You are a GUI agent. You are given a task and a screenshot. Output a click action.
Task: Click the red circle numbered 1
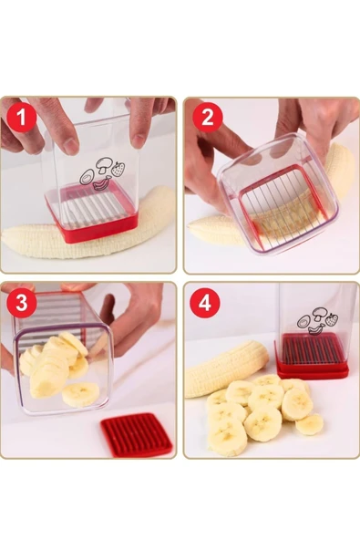pyautogui.click(x=21, y=117)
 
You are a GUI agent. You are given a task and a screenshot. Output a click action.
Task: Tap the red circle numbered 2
pyautogui.click(x=207, y=117)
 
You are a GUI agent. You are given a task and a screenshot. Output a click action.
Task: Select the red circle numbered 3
pyautogui.click(x=21, y=303)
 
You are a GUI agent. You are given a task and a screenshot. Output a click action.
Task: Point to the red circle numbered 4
pyautogui.click(x=204, y=303)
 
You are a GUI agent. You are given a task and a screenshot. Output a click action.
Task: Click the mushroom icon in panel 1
pyautogui.click(x=103, y=165)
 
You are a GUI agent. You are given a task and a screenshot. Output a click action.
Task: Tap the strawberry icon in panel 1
pyautogui.click(x=118, y=169)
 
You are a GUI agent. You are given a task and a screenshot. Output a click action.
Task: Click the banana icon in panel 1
pyautogui.click(x=102, y=182)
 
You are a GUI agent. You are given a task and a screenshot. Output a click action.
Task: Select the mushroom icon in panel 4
pyautogui.click(x=319, y=314)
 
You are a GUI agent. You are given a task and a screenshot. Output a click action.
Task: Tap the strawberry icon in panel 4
pyautogui.click(x=332, y=319)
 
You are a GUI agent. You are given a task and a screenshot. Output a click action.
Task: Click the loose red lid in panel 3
pyautogui.click(x=137, y=435)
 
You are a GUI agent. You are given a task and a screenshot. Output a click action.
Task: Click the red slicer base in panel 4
pyautogui.click(x=312, y=358)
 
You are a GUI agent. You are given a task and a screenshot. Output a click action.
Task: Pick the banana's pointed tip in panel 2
pyautogui.click(x=190, y=225)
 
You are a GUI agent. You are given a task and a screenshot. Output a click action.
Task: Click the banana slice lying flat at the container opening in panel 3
pyautogui.click(x=80, y=394)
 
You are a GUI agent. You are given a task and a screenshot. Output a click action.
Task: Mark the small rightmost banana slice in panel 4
pyautogui.click(x=309, y=424)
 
